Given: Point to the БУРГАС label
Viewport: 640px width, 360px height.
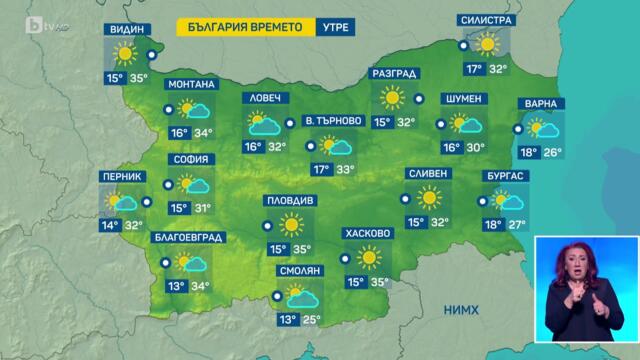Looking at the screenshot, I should tap(504, 177).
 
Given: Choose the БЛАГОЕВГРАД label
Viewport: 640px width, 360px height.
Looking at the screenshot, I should tap(188, 238).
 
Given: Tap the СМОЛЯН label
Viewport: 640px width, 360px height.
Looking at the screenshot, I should tap(297, 271).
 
